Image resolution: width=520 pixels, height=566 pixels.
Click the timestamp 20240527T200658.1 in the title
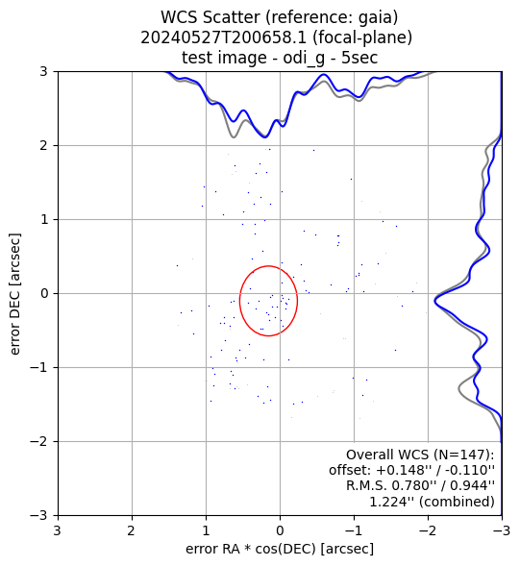point(224,37)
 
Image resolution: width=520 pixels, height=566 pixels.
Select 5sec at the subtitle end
point(359,58)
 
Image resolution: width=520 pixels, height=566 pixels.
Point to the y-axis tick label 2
point(43,145)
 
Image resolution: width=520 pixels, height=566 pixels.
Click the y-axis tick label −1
point(39,367)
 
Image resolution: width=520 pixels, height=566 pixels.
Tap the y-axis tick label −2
point(39,441)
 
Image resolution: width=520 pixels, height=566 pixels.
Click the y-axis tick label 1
point(43,219)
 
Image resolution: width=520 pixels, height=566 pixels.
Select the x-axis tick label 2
point(132,530)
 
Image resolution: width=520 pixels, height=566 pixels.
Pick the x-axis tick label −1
point(354,530)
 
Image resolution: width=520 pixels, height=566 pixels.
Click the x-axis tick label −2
point(428,530)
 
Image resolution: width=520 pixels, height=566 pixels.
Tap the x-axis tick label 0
point(280,530)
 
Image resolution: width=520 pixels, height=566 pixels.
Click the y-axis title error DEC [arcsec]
point(15,294)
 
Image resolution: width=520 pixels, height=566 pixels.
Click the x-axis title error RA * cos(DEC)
point(251,549)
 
